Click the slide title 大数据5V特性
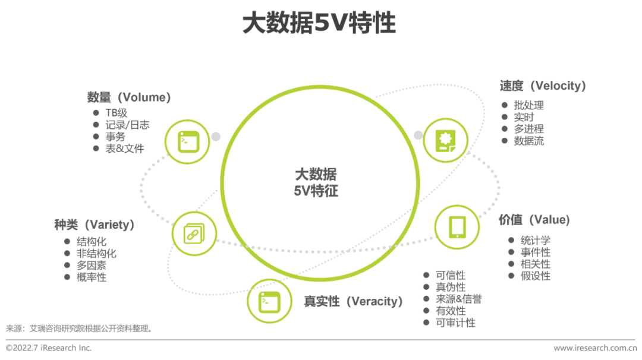319,24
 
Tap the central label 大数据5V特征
316,183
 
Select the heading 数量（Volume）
129,97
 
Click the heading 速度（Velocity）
543,86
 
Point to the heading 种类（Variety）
95,225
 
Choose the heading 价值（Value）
534,220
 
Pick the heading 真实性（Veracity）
354,301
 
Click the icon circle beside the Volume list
188,141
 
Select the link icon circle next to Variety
194,234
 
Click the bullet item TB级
117,113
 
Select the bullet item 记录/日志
127,125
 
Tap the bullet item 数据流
529,141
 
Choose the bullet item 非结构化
97,254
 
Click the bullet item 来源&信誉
458,299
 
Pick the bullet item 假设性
536,276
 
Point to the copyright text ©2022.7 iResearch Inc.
49,348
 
